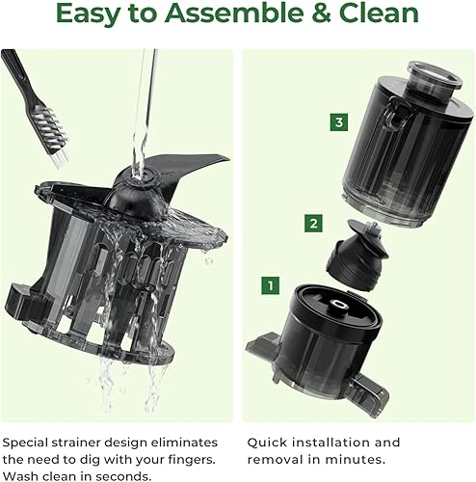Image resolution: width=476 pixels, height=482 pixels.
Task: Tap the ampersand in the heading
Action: pyautogui.click(x=331, y=15)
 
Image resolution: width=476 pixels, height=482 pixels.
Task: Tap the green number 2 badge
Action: pyautogui.click(x=313, y=224)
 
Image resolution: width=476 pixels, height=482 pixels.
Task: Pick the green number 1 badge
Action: pyautogui.click(x=272, y=286)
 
